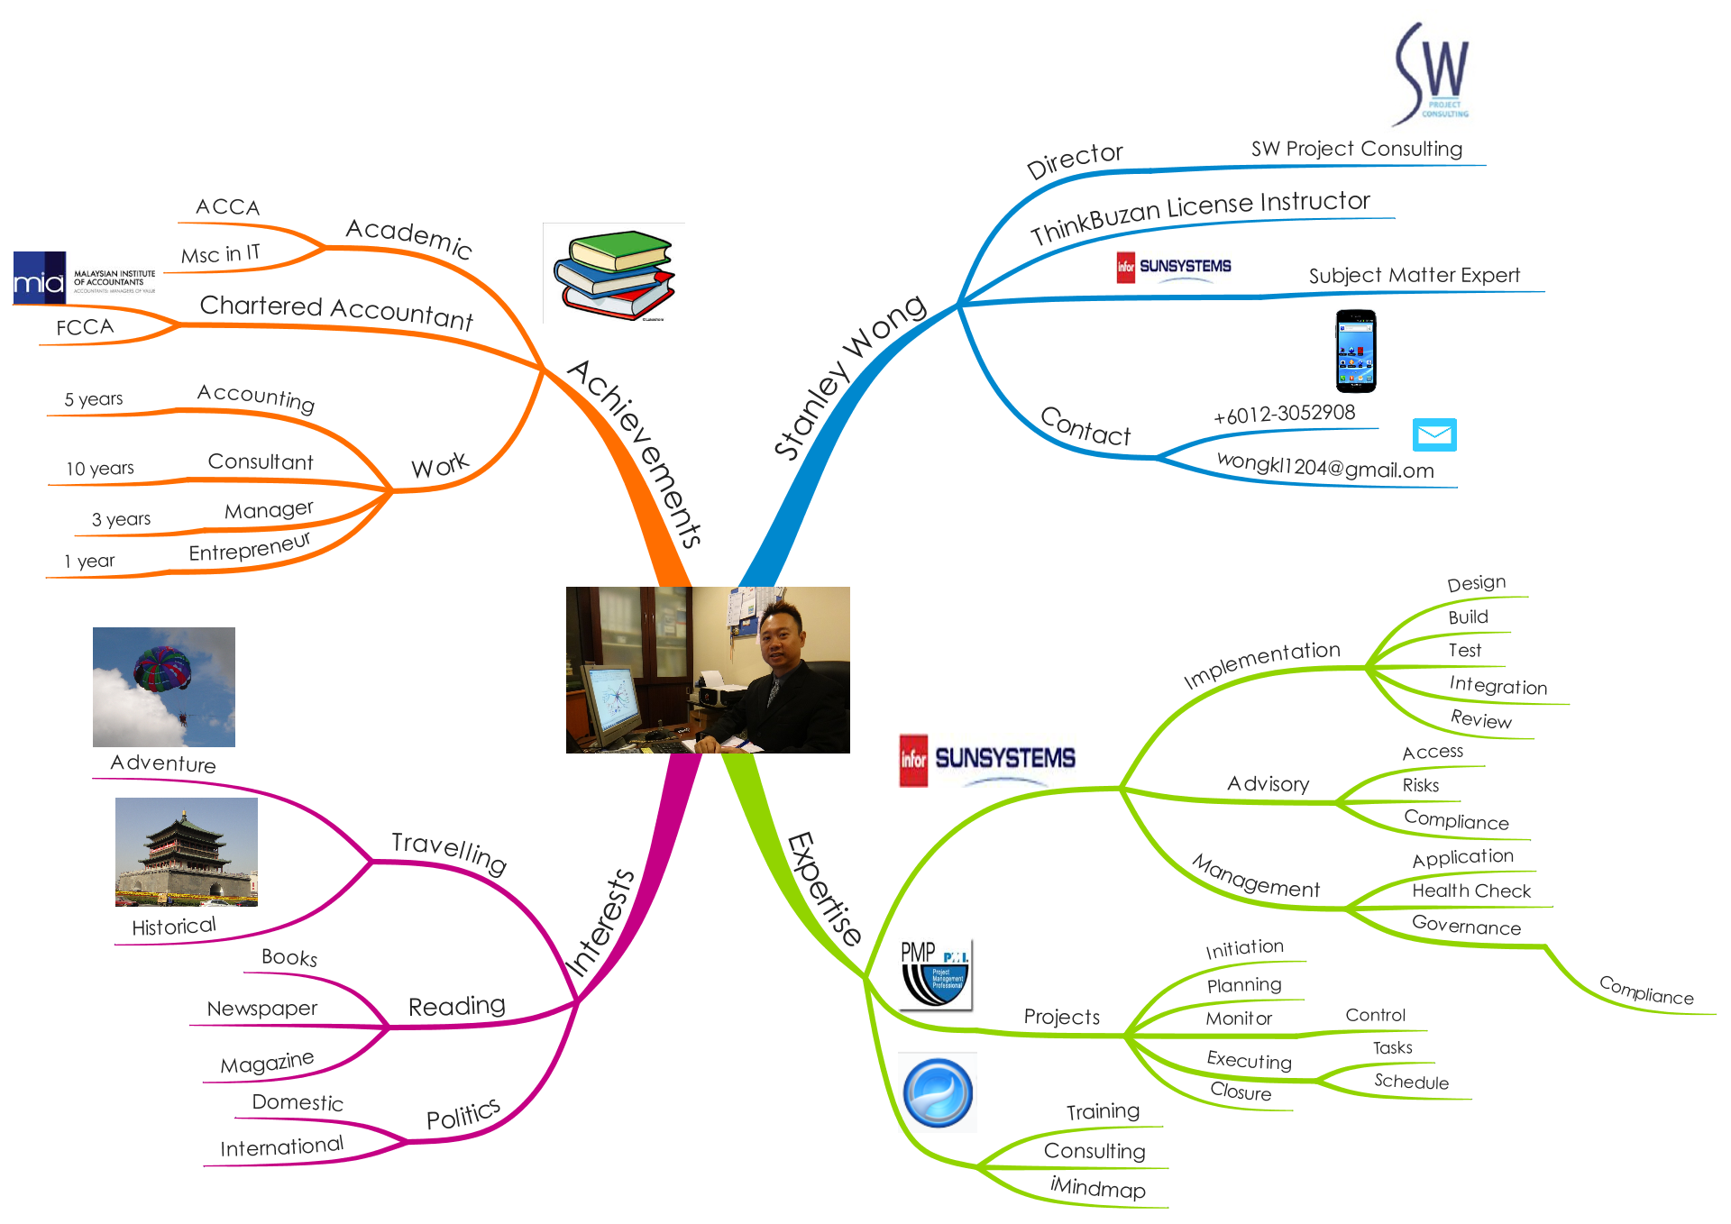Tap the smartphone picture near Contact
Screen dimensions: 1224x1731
[1355, 352]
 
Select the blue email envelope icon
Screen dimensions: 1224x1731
[1434, 435]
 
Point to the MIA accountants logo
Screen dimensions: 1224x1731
[84, 278]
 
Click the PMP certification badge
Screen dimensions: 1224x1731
[936, 973]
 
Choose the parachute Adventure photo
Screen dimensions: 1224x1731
[164, 687]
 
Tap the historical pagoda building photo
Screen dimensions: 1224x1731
[187, 852]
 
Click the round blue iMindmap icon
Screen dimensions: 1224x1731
[938, 1092]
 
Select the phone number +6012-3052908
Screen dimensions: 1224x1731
[1284, 415]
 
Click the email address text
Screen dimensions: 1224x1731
[1324, 467]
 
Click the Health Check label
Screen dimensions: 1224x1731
[1471, 891]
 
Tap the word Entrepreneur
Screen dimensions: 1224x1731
[249, 547]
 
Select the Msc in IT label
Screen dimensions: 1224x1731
[221, 254]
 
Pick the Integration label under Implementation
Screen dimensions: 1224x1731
[1497, 686]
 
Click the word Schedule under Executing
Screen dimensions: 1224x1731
[1411, 1082]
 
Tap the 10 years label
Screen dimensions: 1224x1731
[100, 469]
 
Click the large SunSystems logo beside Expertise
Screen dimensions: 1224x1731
[987, 759]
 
